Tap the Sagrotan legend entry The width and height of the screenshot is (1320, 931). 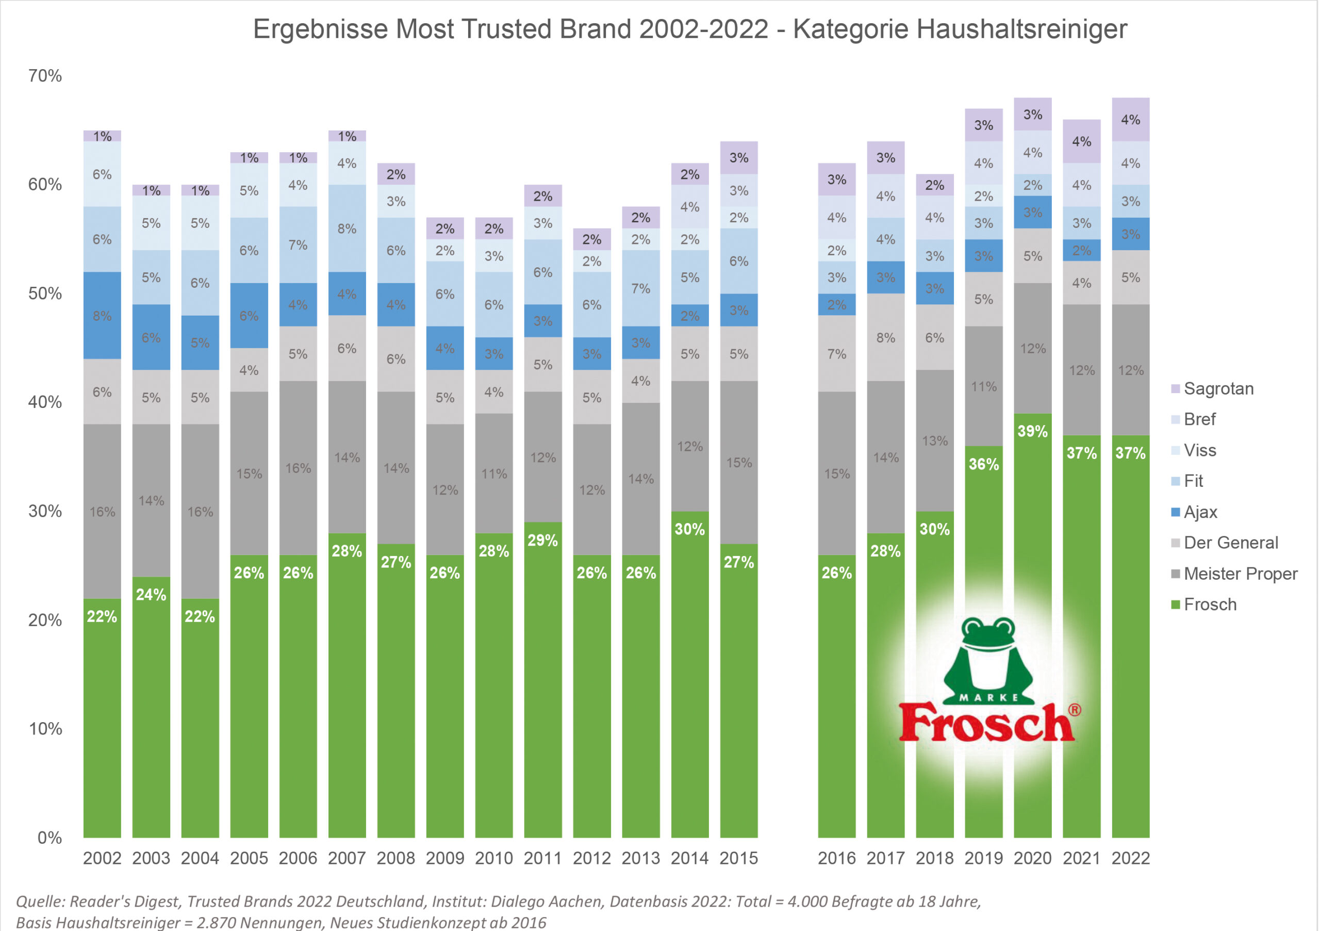point(1218,389)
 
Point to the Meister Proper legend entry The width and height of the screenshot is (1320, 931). point(1240,574)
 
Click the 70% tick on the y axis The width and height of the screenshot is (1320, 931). point(45,76)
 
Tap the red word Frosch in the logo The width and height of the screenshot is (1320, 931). point(986,724)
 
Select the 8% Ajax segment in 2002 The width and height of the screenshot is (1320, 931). point(102,316)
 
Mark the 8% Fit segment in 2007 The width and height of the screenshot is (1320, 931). point(346,228)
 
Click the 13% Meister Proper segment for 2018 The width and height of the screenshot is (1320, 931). point(934,440)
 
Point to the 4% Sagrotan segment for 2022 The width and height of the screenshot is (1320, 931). point(1130,120)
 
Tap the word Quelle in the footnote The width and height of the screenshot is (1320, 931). point(39,901)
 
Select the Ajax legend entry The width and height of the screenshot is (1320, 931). point(1200,512)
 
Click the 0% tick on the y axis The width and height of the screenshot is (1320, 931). point(49,838)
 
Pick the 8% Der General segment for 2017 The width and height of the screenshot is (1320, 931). point(885,337)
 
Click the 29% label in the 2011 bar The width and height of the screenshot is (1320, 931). point(543,540)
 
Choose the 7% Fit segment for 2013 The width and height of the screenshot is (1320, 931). point(640,288)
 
